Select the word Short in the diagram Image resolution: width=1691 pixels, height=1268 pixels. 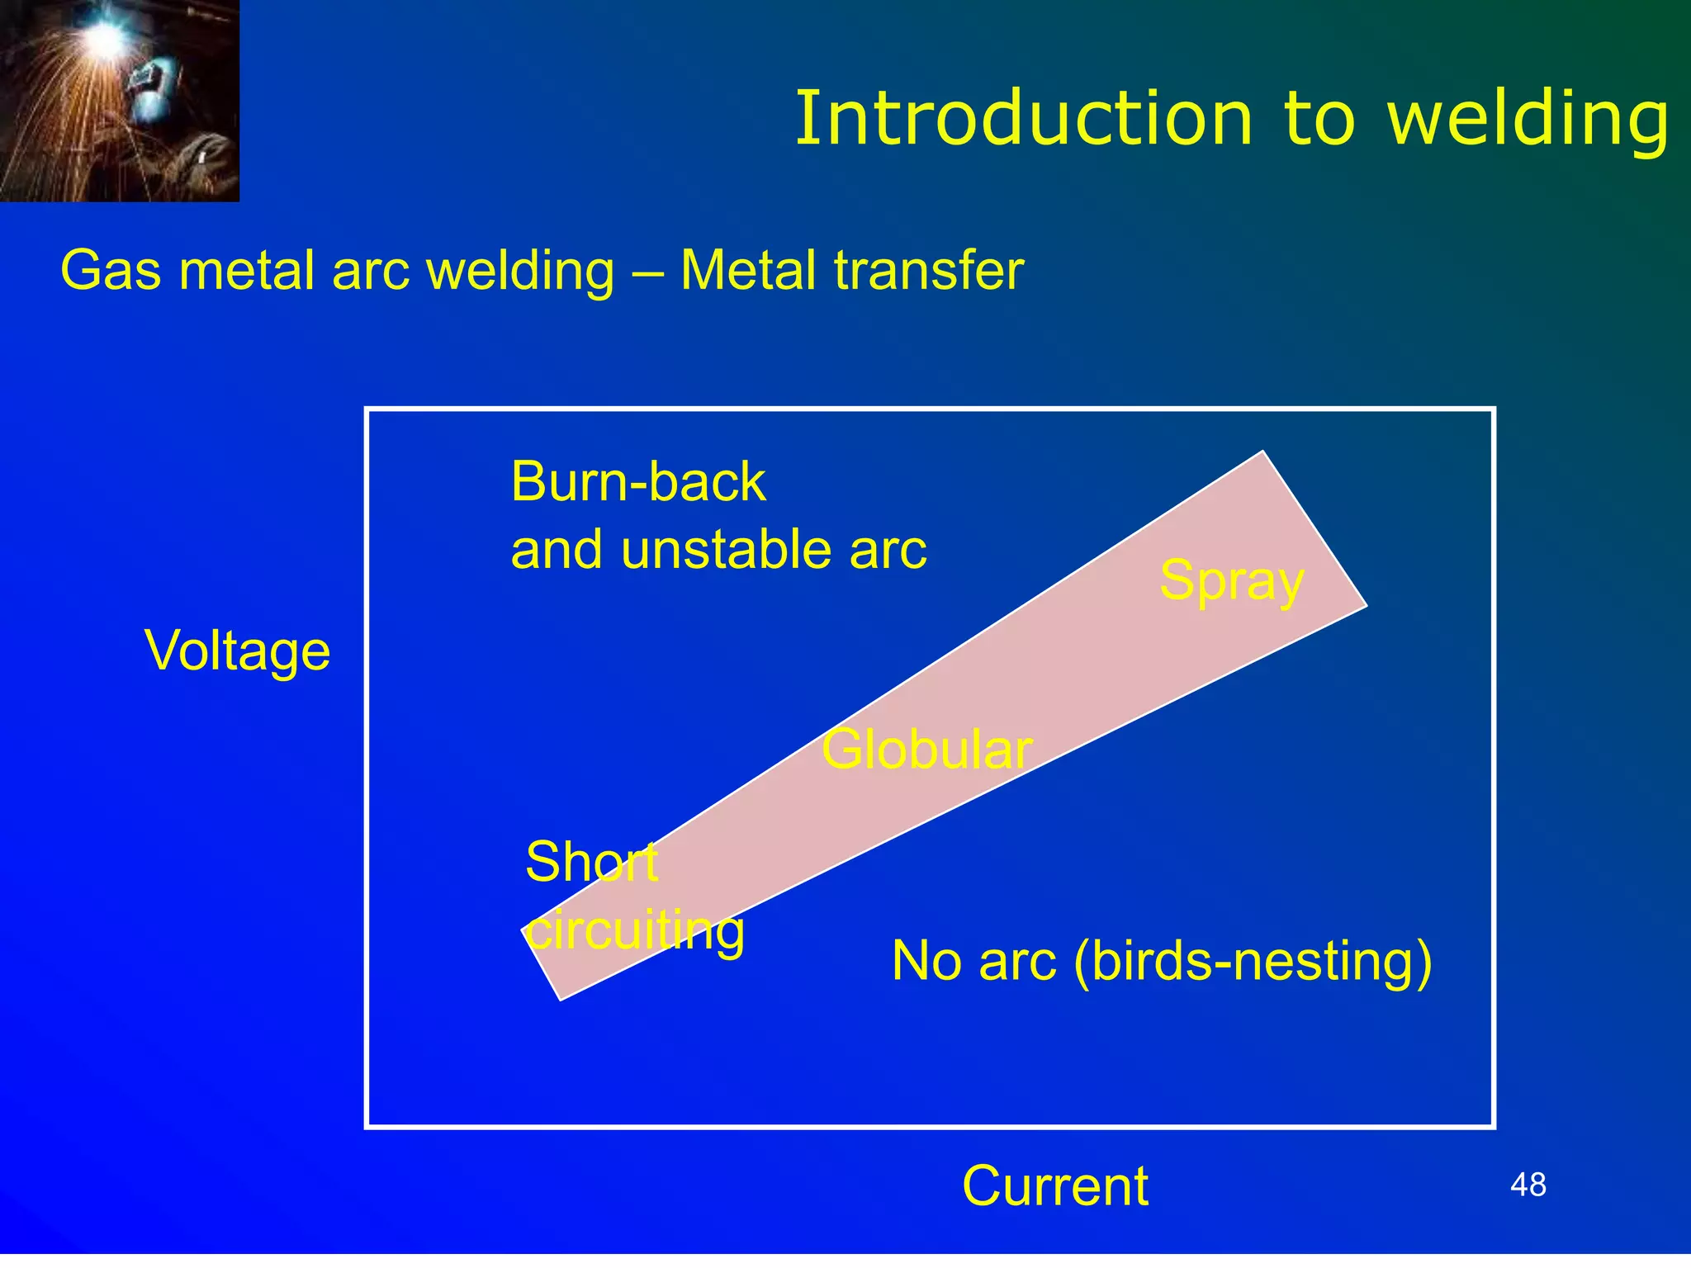591,862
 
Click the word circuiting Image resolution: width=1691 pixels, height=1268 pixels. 636,930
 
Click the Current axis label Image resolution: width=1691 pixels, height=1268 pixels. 1054,1186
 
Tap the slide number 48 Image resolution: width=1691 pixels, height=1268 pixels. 1528,1185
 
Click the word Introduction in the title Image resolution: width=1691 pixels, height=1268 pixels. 1024,119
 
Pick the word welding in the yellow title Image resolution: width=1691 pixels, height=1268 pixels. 1528,119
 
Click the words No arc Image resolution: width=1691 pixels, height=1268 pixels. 973,962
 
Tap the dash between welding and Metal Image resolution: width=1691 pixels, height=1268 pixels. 647,272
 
